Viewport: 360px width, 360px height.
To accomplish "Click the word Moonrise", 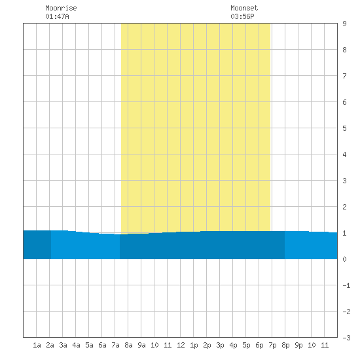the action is point(61,8).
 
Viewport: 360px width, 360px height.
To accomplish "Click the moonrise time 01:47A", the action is point(57,16).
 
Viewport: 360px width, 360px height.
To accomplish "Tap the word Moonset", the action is point(244,8).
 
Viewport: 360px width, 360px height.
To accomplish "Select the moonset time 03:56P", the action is point(242,16).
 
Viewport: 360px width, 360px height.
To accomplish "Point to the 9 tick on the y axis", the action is point(344,24).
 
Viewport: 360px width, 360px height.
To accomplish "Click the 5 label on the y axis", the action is point(344,128).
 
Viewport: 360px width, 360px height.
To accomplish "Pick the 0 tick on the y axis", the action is point(344,259).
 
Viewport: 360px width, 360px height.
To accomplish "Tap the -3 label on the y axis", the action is point(346,338).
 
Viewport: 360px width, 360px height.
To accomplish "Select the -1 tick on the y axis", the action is point(346,285).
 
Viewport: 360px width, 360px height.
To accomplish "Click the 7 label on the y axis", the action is point(344,76).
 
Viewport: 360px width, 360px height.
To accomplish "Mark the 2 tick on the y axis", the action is point(344,207).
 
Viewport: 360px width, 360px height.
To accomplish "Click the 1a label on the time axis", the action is point(37,345).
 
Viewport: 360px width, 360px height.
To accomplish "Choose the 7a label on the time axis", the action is point(115,345).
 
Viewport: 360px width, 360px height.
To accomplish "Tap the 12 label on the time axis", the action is point(181,345).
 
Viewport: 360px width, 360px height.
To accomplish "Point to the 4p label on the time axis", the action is point(233,345).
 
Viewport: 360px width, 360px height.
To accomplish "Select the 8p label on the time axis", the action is point(285,345).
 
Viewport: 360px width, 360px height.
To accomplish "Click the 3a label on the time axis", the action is point(63,345).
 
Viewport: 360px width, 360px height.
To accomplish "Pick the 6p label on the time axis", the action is point(259,345).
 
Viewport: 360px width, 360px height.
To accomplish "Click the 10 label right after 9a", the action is point(154,345).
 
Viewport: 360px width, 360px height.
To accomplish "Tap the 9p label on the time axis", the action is point(298,345).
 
